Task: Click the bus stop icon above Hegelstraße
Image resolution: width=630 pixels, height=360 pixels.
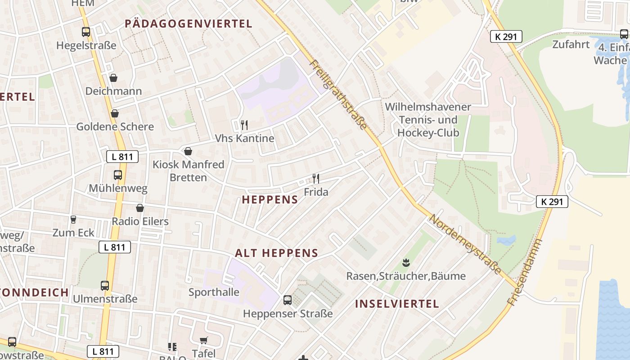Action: (86, 32)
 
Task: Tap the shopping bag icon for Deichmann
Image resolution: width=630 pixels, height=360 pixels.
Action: (113, 78)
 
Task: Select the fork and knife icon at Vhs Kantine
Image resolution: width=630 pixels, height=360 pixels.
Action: (244, 125)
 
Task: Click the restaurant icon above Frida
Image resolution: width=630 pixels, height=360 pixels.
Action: (316, 179)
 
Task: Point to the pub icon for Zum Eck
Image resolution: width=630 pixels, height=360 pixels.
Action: (73, 220)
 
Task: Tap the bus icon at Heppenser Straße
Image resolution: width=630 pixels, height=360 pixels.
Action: (288, 300)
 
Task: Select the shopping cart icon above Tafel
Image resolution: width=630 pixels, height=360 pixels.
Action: (203, 341)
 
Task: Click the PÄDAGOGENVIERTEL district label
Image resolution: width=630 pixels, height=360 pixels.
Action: (189, 24)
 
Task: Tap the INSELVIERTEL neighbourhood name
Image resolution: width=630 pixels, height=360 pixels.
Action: (397, 304)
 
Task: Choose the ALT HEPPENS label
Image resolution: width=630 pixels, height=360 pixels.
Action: (276, 253)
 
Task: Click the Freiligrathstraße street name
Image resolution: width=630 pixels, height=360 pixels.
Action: (338, 95)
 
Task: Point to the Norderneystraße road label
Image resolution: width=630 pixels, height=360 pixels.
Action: (465, 244)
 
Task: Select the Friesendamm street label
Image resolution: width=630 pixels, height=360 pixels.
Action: (525, 273)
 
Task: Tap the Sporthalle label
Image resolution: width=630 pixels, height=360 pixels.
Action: (214, 292)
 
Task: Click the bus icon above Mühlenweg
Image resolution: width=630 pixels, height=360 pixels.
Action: (118, 175)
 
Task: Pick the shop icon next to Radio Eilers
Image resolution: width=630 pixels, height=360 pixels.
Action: (140, 208)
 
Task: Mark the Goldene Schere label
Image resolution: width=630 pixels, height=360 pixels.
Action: (115, 126)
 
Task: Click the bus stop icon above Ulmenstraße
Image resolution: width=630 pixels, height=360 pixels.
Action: (105, 286)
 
